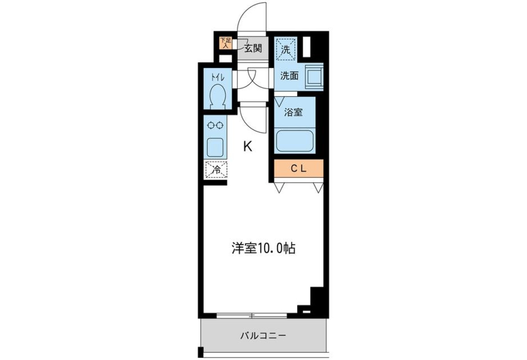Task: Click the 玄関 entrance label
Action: pyautogui.click(x=253, y=49)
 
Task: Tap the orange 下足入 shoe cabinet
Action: pyautogui.click(x=226, y=43)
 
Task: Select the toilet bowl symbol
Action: pyautogui.click(x=217, y=97)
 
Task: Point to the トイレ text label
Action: pyautogui.click(x=218, y=77)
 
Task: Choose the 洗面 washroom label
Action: pyautogui.click(x=289, y=76)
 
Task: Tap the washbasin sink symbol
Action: pyautogui.click(x=314, y=77)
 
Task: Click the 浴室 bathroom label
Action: pyautogui.click(x=293, y=112)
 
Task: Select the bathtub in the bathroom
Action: pyautogui.click(x=295, y=141)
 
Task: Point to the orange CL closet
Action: pyautogui.click(x=299, y=168)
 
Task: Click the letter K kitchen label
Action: pyautogui.click(x=248, y=147)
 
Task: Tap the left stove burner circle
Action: pyautogui.click(x=211, y=125)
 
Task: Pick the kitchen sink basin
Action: pyautogui.click(x=215, y=147)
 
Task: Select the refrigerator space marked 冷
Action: pyautogui.click(x=216, y=170)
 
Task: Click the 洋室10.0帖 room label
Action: pyautogui.click(x=263, y=248)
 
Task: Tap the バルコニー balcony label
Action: pyautogui.click(x=263, y=335)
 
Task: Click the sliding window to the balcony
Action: pyautogui.click(x=252, y=316)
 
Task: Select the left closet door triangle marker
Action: pyautogui.click(x=279, y=188)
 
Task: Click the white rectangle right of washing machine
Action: pyautogui.click(x=307, y=47)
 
